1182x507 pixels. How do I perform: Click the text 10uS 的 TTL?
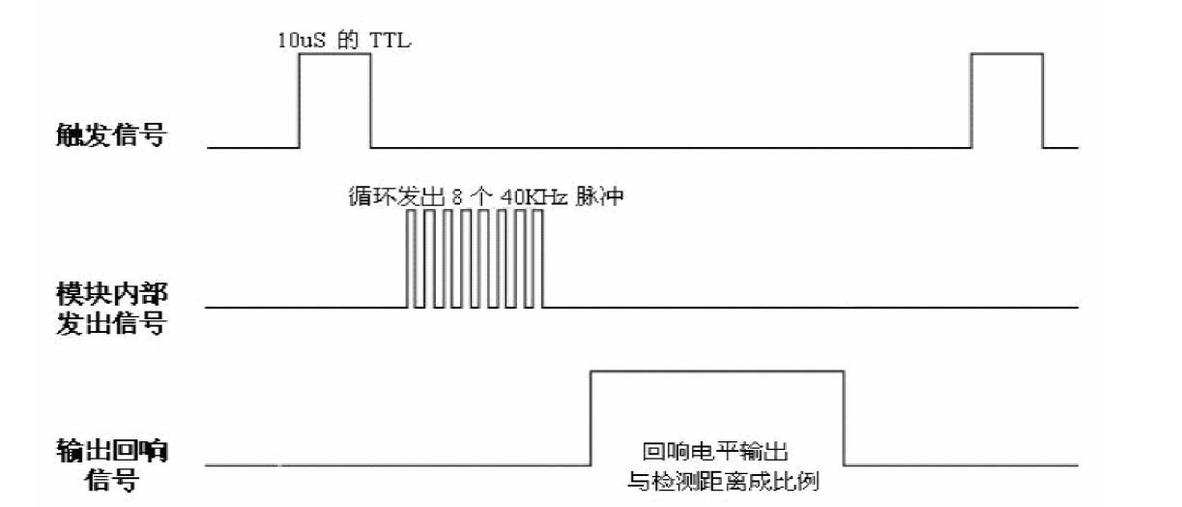click(x=344, y=41)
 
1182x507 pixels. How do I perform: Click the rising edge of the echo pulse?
click(x=591, y=416)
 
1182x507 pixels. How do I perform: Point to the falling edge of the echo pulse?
click(x=845, y=416)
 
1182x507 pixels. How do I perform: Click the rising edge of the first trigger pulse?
click(x=300, y=101)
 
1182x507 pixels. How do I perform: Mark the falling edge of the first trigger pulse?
click(x=370, y=101)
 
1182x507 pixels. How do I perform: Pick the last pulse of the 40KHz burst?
click(x=539, y=258)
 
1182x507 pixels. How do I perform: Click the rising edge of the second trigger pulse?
click(x=971, y=101)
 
